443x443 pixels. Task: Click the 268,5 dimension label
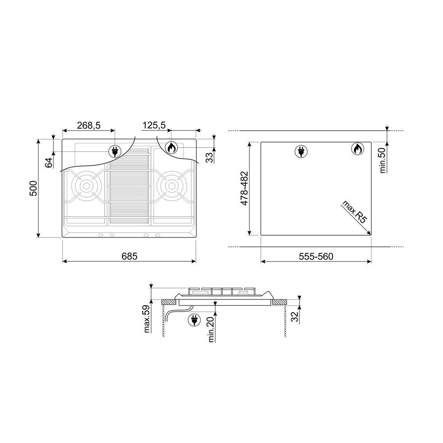tap(89, 125)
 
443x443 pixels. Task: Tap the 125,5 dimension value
tap(154, 125)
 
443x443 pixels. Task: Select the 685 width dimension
tap(129, 256)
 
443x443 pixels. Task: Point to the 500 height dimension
tap(33, 188)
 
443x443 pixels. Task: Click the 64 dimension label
tap(49, 163)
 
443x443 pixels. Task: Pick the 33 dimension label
tap(210, 158)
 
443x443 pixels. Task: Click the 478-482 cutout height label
tap(244, 188)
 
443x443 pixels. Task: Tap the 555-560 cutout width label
tap(316, 256)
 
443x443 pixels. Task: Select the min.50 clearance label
tap(383, 160)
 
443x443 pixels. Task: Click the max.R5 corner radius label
tap(354, 212)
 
